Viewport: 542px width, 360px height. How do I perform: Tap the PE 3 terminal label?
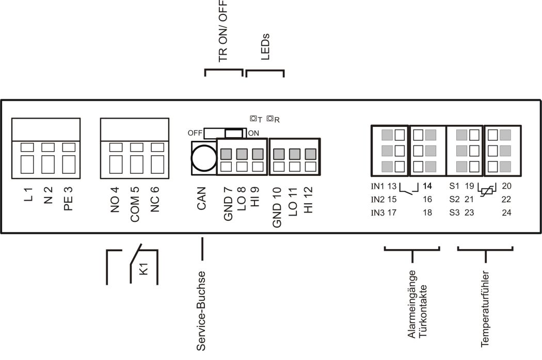click(69, 199)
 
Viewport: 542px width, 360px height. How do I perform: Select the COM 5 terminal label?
click(135, 204)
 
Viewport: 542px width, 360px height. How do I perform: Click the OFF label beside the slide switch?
click(195, 133)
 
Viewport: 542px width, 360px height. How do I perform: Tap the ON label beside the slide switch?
click(253, 133)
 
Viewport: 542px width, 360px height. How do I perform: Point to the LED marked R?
click(269, 119)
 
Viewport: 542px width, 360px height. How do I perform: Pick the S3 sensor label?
click(454, 212)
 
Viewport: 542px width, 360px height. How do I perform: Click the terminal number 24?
click(506, 212)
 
